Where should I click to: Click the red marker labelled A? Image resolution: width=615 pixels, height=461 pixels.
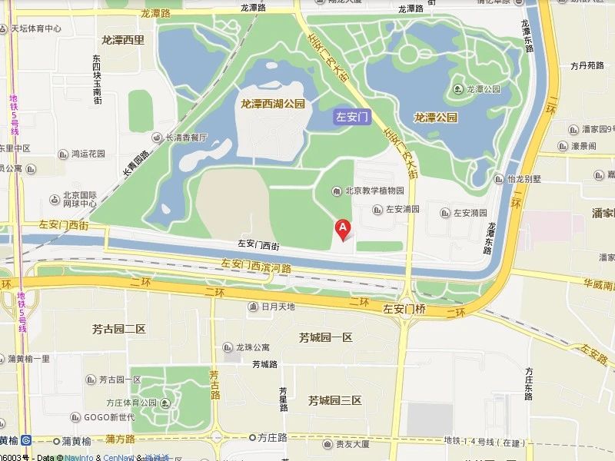[x=344, y=228]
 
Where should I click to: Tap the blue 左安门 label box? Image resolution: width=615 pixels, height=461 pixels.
[x=353, y=118]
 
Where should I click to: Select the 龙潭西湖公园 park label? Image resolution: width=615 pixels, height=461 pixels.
[x=273, y=103]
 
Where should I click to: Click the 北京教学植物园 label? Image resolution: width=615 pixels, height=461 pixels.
[x=374, y=191]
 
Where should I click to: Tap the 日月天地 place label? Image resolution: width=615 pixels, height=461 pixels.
[x=278, y=307]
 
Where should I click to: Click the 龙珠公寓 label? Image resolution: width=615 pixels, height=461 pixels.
[x=253, y=347]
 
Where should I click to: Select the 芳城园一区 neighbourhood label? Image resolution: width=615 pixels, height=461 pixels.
[x=325, y=337]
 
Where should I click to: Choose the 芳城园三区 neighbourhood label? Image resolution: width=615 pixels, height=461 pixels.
[x=334, y=400]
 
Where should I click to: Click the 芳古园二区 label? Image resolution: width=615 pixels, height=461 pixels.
[x=119, y=329]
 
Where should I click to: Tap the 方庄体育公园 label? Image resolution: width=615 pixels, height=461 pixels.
[x=132, y=402]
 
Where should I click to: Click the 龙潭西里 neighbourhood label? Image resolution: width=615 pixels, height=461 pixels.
[x=123, y=39]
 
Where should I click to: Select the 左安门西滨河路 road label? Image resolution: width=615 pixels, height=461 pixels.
[x=257, y=267]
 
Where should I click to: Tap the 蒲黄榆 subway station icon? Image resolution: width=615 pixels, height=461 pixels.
[x=26, y=440]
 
